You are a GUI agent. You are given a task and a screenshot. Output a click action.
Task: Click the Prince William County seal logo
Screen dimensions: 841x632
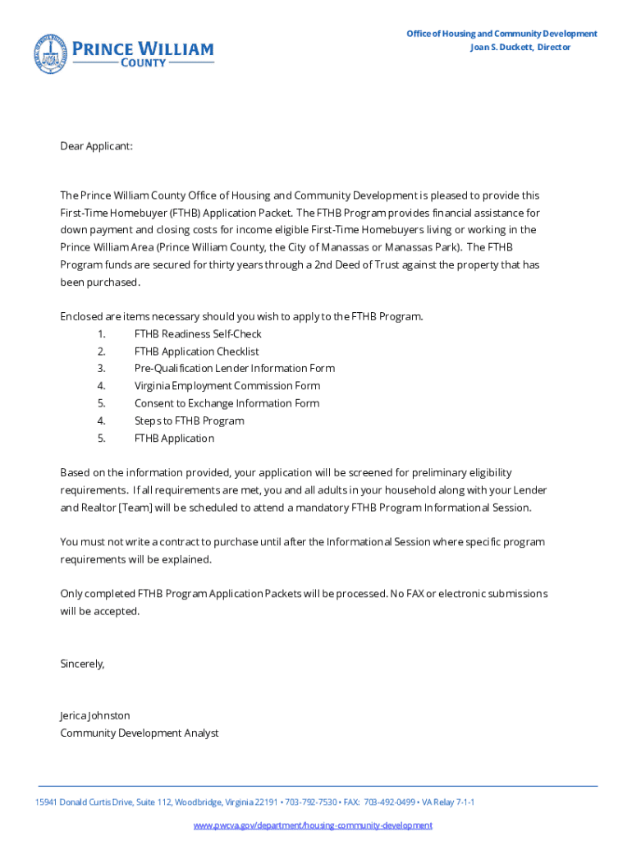click(x=50, y=53)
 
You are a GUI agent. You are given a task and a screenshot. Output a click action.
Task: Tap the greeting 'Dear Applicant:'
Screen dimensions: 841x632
click(x=96, y=146)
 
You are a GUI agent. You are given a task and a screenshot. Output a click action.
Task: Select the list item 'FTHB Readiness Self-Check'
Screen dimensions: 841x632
click(x=198, y=334)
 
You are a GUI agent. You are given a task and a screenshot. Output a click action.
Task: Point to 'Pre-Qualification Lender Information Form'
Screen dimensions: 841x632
click(x=234, y=369)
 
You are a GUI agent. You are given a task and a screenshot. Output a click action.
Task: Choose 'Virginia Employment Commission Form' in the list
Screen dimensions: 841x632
click(x=227, y=386)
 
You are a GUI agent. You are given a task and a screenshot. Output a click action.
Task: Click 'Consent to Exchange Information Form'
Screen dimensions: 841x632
click(x=227, y=403)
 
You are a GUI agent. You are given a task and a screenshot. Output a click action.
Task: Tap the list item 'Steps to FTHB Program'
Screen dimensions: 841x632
click(x=189, y=420)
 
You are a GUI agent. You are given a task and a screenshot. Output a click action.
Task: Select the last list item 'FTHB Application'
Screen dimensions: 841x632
click(x=174, y=439)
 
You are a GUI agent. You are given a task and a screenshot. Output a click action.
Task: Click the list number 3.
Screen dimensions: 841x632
click(x=101, y=369)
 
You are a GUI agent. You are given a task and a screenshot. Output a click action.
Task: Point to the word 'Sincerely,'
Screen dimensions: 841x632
click(x=83, y=664)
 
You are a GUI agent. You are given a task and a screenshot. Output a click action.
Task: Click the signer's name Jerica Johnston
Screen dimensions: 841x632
click(x=95, y=715)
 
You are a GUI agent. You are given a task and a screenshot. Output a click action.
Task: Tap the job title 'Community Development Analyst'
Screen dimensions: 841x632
click(x=140, y=733)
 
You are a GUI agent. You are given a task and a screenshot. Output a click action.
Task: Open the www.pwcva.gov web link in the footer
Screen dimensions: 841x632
click(x=313, y=825)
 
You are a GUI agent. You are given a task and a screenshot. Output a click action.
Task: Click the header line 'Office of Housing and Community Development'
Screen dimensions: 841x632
click(x=501, y=34)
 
